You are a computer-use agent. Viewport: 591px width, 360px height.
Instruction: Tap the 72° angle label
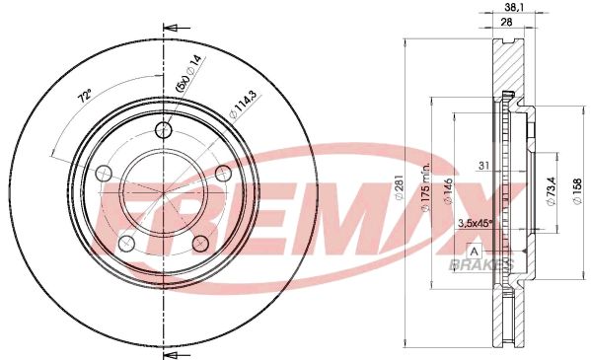86,98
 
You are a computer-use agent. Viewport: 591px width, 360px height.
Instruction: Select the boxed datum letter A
474,251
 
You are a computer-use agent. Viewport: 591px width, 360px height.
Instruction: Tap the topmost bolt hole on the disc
164,130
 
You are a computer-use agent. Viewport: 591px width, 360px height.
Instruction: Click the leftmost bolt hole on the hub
102,173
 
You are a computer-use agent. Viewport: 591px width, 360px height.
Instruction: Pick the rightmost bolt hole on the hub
223,174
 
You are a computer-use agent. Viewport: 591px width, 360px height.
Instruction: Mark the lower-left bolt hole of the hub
125,243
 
